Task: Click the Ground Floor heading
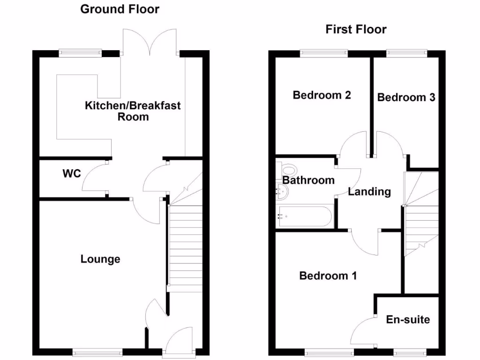[x=120, y=9]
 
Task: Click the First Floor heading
[x=356, y=30]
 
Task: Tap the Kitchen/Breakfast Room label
[x=133, y=111]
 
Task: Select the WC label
[x=72, y=173]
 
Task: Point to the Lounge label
[x=100, y=259]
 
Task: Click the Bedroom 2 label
[x=322, y=95]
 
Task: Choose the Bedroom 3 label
[x=406, y=97]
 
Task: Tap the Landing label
[x=369, y=191]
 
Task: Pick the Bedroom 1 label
[x=328, y=276]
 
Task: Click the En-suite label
[x=408, y=320]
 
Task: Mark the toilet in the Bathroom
[x=287, y=170]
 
